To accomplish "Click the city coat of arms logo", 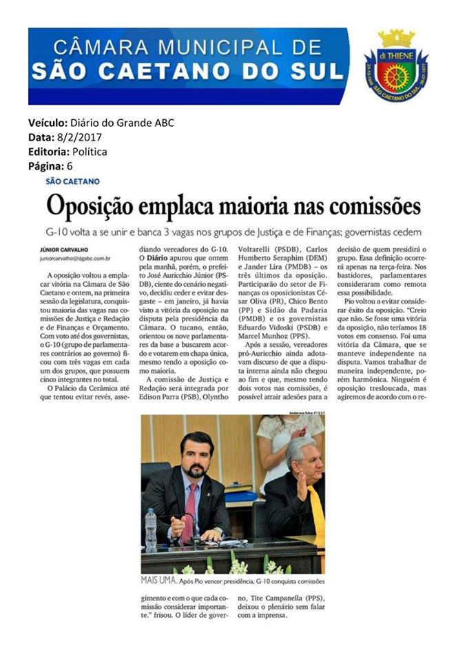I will [395, 66].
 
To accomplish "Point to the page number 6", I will [70, 166].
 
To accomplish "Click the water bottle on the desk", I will [151, 529].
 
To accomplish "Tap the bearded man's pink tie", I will [190, 511].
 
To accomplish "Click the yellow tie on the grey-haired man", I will [317, 510].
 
